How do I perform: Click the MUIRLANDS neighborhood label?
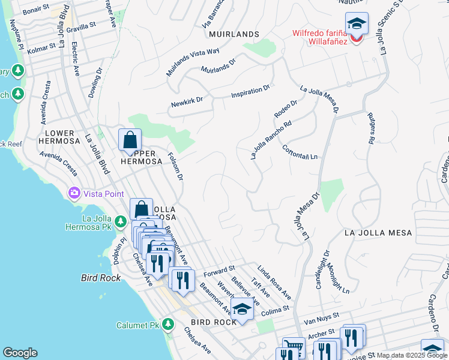pyautogui.click(x=234, y=34)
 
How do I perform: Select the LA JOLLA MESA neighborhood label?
pyautogui.click(x=378, y=232)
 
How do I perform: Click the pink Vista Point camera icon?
pyautogui.click(x=74, y=193)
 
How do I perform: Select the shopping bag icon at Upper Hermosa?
pyautogui.click(x=130, y=140)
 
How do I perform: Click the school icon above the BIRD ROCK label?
pyautogui.click(x=242, y=309)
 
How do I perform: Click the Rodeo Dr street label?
pyautogui.click(x=285, y=110)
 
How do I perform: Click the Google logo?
pyautogui.click(x=20, y=353)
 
